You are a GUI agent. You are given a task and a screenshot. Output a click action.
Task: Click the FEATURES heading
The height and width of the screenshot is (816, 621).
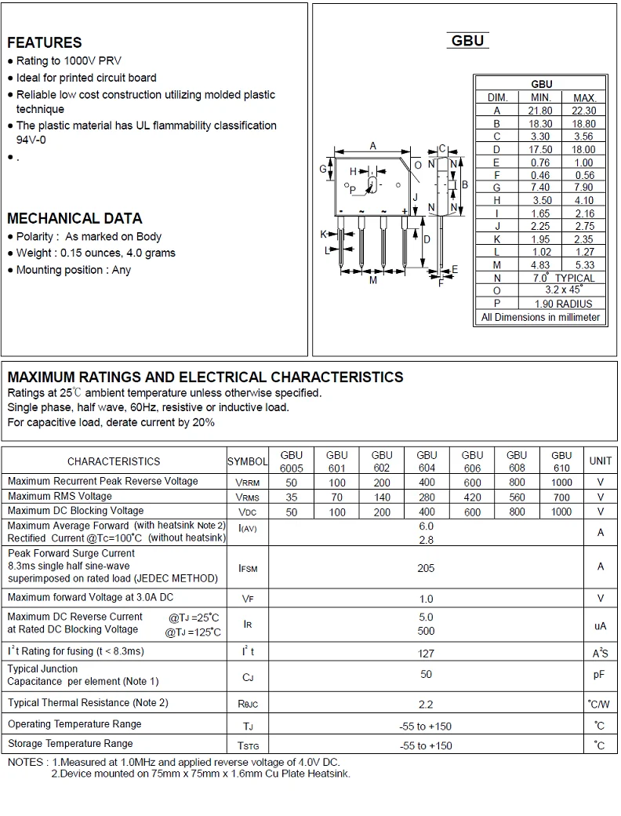click(45, 42)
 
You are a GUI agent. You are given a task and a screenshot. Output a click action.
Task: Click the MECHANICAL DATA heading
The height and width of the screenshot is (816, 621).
click(74, 218)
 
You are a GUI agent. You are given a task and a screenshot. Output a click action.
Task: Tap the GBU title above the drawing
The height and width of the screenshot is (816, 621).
click(468, 41)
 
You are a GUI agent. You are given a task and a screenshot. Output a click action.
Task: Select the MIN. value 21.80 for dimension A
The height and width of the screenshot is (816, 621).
click(540, 111)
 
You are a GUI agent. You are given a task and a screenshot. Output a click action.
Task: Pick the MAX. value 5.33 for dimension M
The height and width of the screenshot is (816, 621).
click(584, 265)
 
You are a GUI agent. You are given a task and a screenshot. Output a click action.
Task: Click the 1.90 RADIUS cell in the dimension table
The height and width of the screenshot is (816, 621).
click(563, 304)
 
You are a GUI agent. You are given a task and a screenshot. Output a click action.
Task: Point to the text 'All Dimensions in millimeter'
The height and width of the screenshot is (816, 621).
click(540, 317)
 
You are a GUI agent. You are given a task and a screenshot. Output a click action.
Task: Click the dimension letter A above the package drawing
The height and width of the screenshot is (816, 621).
click(373, 146)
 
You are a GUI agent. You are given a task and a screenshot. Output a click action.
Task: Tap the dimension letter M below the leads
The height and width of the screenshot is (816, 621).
click(373, 280)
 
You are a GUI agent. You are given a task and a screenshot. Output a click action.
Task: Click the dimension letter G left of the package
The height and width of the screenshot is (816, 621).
click(322, 169)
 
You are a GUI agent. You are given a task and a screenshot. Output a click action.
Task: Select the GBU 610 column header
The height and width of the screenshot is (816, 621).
click(561, 461)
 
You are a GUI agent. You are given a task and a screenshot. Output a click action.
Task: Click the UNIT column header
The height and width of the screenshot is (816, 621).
click(601, 461)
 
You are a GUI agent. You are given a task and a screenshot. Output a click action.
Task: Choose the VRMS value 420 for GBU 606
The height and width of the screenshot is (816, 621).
click(472, 497)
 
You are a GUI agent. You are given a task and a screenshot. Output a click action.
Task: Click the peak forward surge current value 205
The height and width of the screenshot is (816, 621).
click(426, 568)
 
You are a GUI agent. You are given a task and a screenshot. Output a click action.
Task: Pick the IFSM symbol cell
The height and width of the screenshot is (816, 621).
click(247, 568)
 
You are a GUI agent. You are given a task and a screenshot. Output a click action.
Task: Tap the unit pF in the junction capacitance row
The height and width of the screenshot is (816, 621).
click(601, 675)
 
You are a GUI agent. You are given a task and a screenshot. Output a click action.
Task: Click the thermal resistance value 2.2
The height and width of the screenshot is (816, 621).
click(426, 705)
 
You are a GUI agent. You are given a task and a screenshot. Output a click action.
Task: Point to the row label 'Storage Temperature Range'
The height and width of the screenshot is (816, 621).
click(71, 743)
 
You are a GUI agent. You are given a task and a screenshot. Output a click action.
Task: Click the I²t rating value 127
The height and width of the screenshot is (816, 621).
click(426, 652)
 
